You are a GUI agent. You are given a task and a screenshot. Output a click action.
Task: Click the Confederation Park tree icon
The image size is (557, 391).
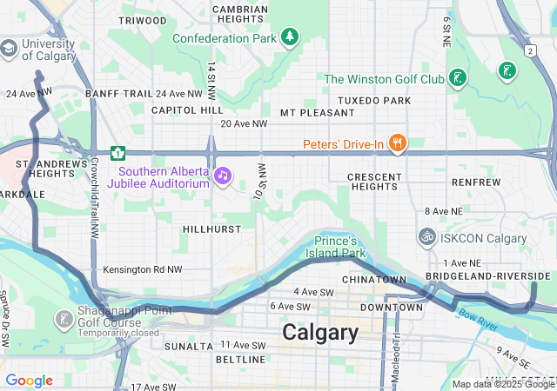coord(289,37)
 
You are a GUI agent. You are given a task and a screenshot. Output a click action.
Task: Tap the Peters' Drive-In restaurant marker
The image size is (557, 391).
coord(398,143)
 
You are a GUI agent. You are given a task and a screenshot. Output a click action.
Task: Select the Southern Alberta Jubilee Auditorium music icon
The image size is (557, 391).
coord(223,176)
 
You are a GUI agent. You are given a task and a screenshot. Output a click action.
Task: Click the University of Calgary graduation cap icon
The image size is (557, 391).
coord(9,50)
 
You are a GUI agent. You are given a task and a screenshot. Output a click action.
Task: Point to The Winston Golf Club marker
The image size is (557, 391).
coord(458,78)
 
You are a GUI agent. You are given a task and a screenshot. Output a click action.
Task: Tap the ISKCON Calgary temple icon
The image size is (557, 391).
coord(426,237)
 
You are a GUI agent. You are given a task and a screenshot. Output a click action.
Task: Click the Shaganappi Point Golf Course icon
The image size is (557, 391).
coord(64,320)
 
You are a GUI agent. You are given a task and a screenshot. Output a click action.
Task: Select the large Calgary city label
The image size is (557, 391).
coord(319,333)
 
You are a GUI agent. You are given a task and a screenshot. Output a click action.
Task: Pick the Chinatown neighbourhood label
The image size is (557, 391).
coord(374,280)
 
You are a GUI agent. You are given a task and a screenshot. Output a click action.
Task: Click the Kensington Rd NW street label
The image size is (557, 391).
coord(143,270)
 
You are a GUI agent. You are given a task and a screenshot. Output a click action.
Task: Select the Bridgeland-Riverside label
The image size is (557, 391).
coord(487,275)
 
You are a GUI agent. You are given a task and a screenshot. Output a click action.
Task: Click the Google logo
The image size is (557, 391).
coord(29,381)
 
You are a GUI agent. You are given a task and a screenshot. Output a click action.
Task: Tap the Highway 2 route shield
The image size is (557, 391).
coord(530,50)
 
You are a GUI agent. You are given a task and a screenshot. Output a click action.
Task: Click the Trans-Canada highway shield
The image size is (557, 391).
coord(117,153)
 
